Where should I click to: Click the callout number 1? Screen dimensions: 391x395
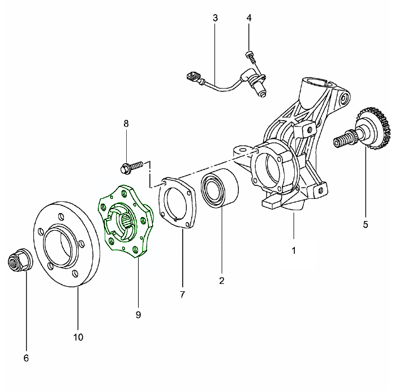pyautogui.click(x=294, y=249)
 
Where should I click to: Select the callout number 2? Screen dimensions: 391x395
pyautogui.click(x=221, y=280)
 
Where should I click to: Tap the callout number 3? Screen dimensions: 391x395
pyautogui.click(x=215, y=18)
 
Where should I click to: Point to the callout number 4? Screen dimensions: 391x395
pyautogui.click(x=249, y=18)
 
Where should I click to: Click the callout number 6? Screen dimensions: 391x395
pyautogui.click(x=26, y=358)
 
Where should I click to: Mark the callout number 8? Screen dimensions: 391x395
pyautogui.click(x=126, y=123)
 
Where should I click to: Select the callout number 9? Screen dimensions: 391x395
pyautogui.click(x=138, y=313)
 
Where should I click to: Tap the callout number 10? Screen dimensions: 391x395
pyautogui.click(x=78, y=337)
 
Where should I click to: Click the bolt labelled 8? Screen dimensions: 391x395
pyautogui.click(x=131, y=167)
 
